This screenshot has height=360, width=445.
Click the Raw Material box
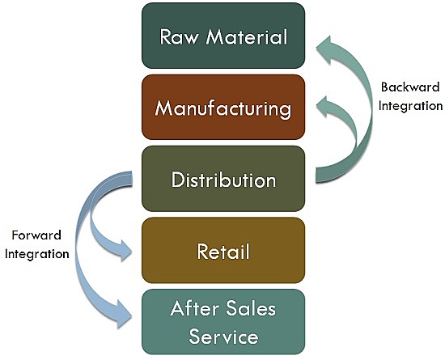pos(222,36)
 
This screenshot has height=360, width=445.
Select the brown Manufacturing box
pos(222,107)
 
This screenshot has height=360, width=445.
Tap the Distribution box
pos(222,179)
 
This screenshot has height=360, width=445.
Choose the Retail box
pos(222,250)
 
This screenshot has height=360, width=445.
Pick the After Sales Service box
pos(222,321)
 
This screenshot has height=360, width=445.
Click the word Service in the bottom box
pos(223,335)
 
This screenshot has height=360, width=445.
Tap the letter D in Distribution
pos(178,180)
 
